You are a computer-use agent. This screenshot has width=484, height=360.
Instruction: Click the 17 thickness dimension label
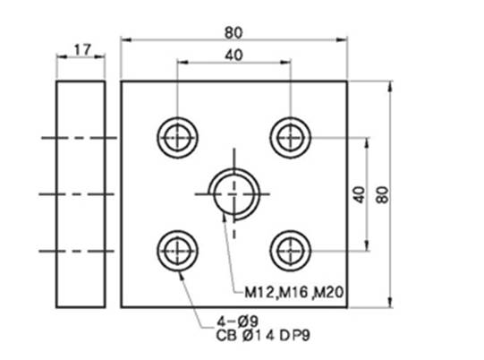point(82,50)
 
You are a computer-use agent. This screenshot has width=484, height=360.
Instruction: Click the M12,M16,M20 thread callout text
point(293,292)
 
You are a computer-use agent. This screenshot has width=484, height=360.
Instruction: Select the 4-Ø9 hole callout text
point(237,321)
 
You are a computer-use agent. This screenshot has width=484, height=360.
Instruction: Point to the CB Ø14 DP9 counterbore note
point(263,336)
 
